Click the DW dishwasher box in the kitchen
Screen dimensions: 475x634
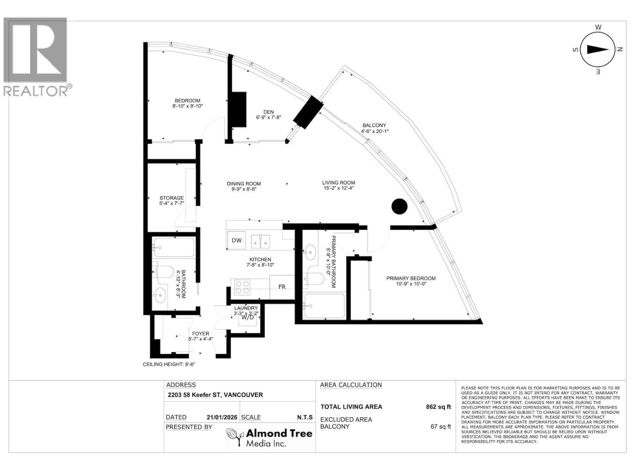(237, 240)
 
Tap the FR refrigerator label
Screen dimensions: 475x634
(282, 287)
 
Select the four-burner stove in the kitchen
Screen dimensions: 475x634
(242, 287)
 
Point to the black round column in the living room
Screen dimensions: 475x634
(399, 206)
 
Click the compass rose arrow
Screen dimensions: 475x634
(598, 49)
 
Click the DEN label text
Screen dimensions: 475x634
(268, 112)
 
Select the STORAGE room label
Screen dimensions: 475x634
(172, 198)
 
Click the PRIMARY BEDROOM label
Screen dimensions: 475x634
(411, 278)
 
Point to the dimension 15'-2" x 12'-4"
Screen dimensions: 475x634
(338, 188)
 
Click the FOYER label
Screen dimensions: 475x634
(201, 334)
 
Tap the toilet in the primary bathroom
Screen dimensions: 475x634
(316, 279)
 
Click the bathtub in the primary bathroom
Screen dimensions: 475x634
(324, 306)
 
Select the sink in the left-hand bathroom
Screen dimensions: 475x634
(160, 295)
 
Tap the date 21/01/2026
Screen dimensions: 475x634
(222, 417)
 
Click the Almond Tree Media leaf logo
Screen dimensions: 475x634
(235, 437)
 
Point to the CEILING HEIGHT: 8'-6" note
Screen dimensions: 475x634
(169, 365)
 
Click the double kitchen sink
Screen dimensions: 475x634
(260, 240)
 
